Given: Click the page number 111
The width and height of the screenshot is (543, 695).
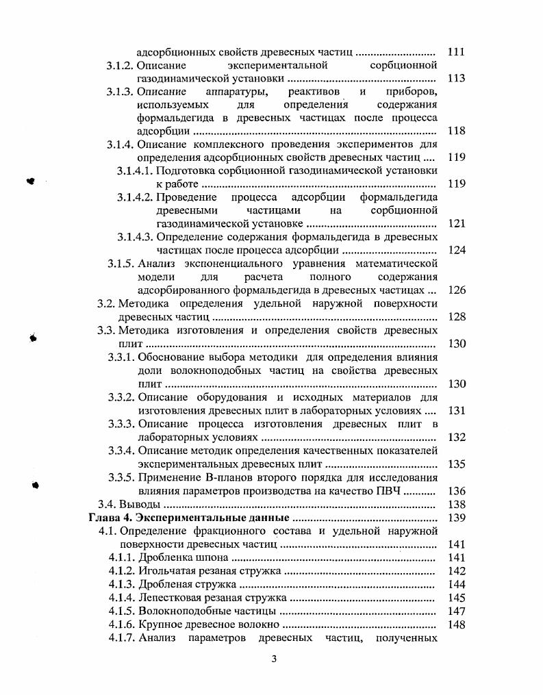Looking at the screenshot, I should point(455,52).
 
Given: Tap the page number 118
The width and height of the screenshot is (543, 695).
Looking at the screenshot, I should point(455,131).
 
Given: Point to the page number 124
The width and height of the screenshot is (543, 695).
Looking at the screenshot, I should point(455,250).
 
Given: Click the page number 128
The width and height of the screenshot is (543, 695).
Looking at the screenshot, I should point(455,316).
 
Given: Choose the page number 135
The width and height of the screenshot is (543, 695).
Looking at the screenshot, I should point(455,464).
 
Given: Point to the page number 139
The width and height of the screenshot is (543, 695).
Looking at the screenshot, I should point(455,517).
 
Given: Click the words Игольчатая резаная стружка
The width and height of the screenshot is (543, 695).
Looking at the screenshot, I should point(209,570).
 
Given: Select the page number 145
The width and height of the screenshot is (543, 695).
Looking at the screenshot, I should point(455,597).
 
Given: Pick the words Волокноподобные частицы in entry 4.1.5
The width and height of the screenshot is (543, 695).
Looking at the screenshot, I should point(207,611).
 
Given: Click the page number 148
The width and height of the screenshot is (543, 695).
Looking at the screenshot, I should point(455,624).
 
